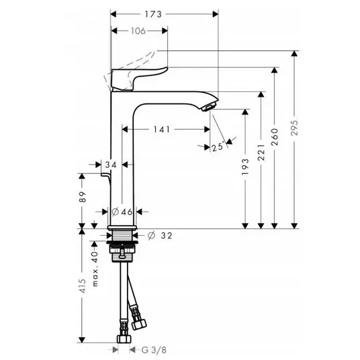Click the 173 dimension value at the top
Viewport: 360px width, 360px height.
coord(153,15)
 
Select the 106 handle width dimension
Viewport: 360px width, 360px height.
coord(138,31)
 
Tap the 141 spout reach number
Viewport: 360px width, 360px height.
coord(162,130)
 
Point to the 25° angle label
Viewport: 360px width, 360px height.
coord(218,146)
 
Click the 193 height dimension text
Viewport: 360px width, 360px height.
coord(245,166)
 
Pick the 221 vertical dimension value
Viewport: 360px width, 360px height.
coord(261,152)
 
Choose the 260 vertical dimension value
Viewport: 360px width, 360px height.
coord(275,137)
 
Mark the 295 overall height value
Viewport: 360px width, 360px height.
coord(294,128)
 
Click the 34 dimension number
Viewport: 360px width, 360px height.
coord(111,165)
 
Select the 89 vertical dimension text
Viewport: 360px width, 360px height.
coord(82,197)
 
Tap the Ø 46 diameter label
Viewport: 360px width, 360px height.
coord(122,212)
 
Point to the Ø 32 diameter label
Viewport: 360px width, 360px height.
coord(160,236)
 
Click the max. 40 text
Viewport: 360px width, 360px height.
coord(95,269)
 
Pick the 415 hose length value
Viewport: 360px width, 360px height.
coord(82,286)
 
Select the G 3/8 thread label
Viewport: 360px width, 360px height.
coord(154,350)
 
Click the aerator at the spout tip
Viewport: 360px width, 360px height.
coord(208,107)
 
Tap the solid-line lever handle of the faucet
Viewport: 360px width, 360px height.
coord(138,78)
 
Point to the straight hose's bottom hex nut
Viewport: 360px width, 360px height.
coord(124,339)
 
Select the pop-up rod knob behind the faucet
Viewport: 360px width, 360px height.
coord(106,175)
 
